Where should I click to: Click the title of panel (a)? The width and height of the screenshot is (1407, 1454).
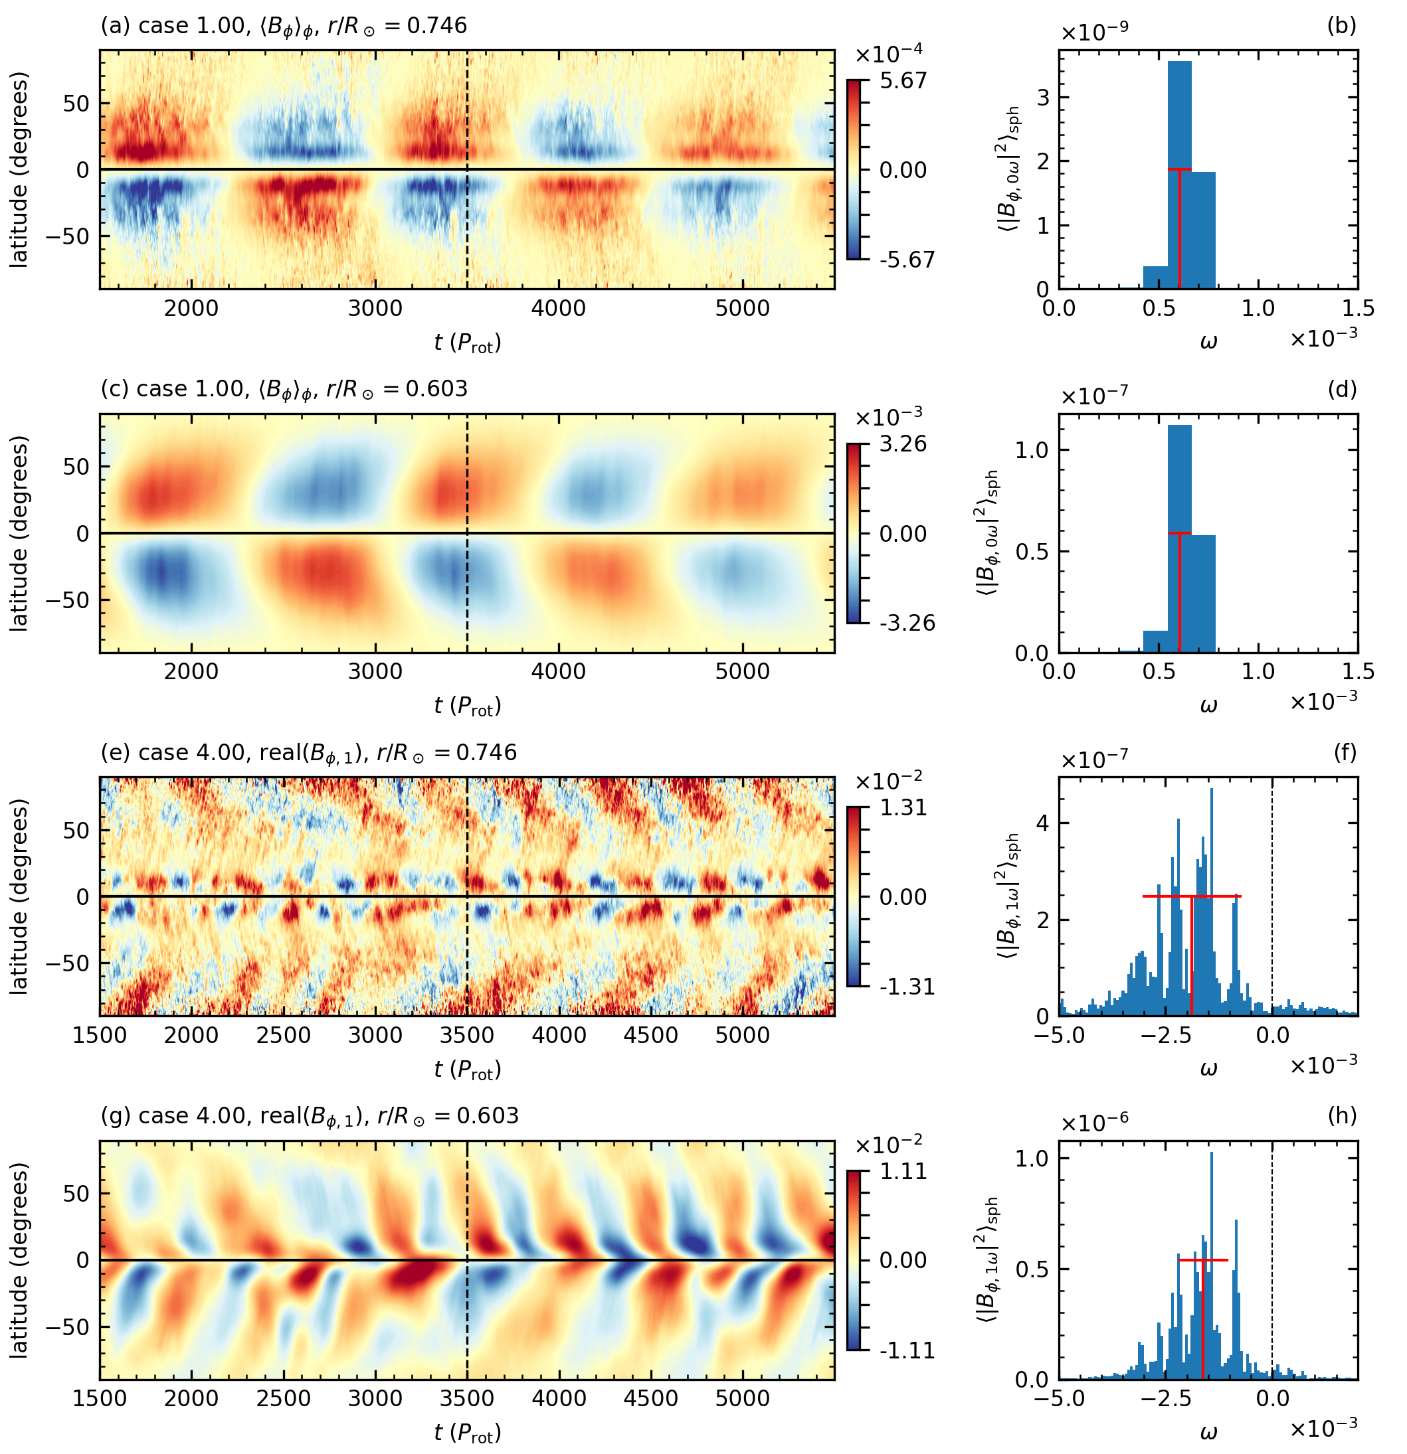[284, 26]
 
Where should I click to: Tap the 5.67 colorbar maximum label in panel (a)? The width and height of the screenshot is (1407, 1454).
[903, 80]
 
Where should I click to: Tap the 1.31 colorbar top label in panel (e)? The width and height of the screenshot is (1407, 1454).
[903, 807]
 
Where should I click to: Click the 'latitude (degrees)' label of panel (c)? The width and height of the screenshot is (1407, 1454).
[19, 532]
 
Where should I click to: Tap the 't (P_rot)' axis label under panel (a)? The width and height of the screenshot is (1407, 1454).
[468, 343]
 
